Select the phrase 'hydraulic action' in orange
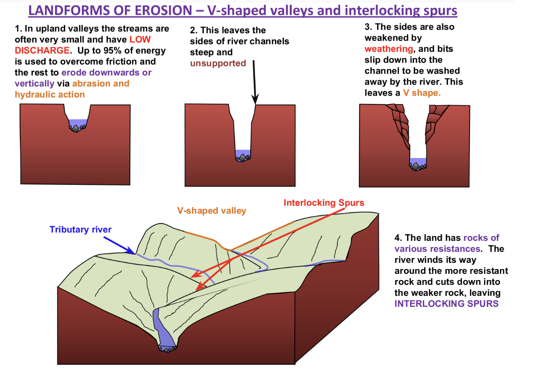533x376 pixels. coord(50,95)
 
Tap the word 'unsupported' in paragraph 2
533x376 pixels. coord(218,63)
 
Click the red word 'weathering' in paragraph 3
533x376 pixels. coord(389,49)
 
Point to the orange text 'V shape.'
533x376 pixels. coord(422,93)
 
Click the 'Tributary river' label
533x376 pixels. coord(81,229)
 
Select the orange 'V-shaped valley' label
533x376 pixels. coord(211,211)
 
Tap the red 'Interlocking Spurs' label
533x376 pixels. coord(324,203)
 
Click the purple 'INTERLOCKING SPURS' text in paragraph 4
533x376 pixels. coord(446,304)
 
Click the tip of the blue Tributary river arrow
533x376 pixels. coord(134,253)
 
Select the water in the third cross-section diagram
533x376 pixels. coord(418,161)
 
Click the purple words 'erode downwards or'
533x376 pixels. coord(106,73)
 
